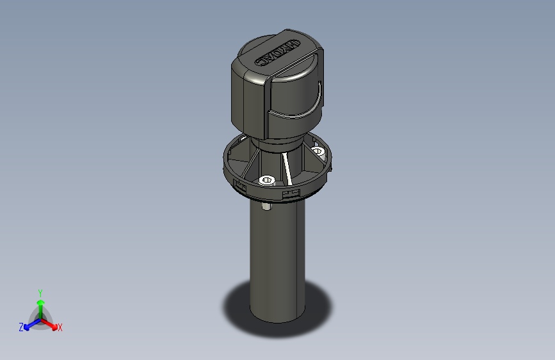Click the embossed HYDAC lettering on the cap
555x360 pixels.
278,53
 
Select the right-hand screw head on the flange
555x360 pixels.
319,151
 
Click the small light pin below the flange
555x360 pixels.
266,206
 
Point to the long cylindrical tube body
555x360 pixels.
277,256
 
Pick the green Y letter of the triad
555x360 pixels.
40,292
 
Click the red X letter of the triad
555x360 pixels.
60,328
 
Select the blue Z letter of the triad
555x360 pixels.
21,327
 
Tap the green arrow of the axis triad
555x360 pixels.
40,306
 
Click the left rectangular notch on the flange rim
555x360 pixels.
241,186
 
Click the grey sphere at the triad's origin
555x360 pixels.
40,318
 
